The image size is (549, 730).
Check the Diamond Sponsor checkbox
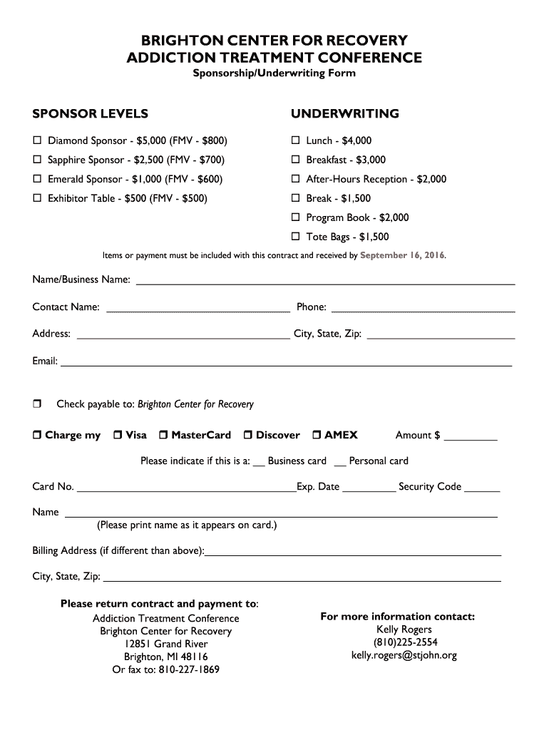37,141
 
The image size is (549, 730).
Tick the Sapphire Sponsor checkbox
37,160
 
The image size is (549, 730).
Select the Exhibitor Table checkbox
37,199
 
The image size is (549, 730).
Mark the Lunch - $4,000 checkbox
295,141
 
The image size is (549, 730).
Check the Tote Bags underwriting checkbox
295,237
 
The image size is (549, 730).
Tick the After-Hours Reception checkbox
295,180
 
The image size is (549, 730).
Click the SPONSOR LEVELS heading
91,114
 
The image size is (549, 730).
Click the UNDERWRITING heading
344,114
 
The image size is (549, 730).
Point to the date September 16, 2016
402,255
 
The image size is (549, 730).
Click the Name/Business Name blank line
325,282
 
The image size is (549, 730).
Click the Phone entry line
424,309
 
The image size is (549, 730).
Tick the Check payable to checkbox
37,404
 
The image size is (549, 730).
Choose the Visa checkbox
117,436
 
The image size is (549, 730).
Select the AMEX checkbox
317,436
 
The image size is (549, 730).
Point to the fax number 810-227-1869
189,670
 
